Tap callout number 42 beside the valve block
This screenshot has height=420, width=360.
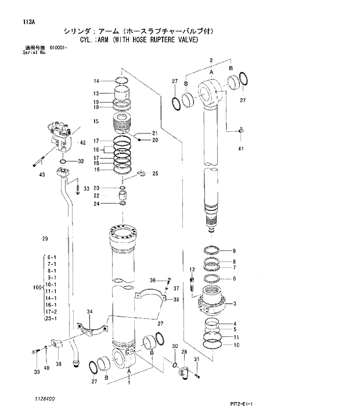(82, 142)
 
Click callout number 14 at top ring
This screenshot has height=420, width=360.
(96, 81)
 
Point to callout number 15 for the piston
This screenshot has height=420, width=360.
(96, 121)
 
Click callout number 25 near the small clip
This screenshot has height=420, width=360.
(154, 173)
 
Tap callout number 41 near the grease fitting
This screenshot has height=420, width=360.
(241, 149)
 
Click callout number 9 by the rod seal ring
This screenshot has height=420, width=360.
(234, 251)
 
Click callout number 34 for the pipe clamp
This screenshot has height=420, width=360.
(89, 313)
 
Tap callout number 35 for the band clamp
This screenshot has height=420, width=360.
(176, 300)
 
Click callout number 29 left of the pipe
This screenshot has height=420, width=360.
(45, 239)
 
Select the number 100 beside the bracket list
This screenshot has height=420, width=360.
(38, 288)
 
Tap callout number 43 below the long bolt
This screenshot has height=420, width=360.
(42, 175)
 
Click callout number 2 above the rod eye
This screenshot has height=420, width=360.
(211, 60)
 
